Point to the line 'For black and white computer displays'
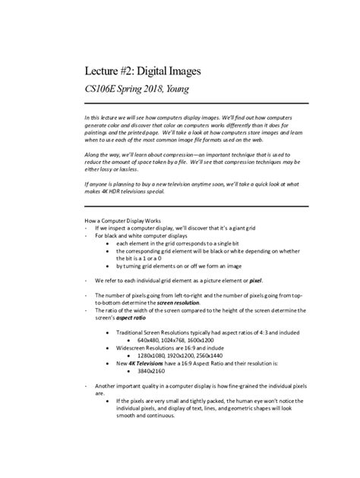tap(144, 235)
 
